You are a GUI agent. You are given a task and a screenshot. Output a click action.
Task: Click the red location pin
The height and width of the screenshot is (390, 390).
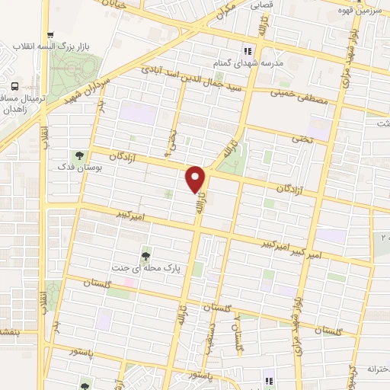tap(196, 178)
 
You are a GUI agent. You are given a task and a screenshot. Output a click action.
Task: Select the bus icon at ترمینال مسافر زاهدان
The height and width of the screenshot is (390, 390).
tap(16, 85)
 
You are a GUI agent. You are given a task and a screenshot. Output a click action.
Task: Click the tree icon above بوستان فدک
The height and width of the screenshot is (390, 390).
tap(80, 155)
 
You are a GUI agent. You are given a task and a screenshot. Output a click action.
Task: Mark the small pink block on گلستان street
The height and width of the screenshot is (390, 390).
tap(130, 283)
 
